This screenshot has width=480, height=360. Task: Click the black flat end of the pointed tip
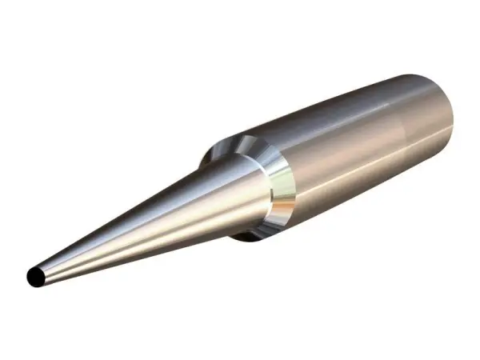(x=35, y=276)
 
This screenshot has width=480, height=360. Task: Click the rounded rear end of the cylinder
(x=444, y=112)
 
